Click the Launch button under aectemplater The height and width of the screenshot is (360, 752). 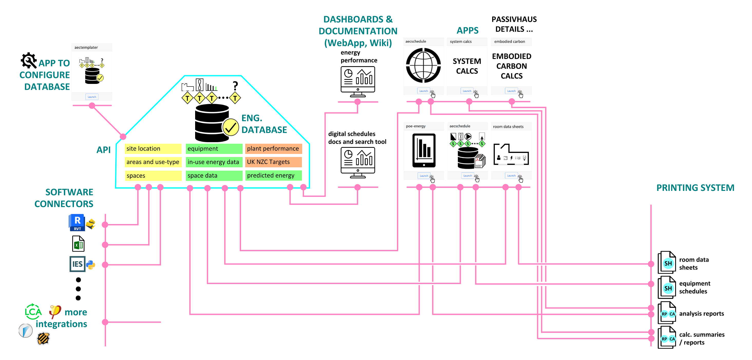(92, 97)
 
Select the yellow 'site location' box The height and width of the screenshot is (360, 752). (153, 149)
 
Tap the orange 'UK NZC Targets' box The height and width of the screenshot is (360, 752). (273, 162)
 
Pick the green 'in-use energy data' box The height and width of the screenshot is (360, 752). (214, 162)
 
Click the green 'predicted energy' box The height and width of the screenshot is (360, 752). (273, 175)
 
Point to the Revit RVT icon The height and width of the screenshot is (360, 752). (77, 222)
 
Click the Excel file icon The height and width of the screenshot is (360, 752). (78, 244)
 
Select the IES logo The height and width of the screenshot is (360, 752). (77, 264)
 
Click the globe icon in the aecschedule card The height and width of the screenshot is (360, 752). (423, 65)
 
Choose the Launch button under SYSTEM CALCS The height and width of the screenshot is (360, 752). (467, 91)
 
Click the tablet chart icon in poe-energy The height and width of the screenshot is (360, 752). (424, 151)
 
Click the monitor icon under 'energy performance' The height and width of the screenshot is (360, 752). (358, 82)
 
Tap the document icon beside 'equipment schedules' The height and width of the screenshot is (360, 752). (667, 287)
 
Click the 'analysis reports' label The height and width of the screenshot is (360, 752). (701, 314)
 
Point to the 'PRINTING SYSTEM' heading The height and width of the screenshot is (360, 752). (695, 188)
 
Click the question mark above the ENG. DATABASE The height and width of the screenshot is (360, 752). (235, 86)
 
